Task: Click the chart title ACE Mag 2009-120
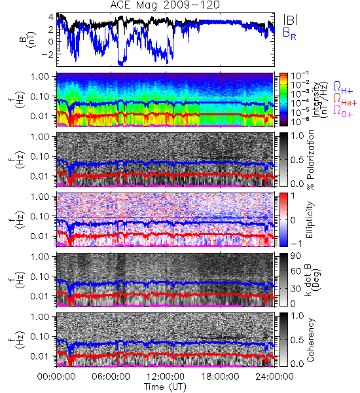pos(165,5)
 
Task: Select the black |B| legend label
pos(291,19)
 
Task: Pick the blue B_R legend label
pos(289,33)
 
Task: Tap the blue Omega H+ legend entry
pos(343,88)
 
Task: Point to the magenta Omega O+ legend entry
pos(343,111)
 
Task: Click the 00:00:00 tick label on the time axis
pos(56,377)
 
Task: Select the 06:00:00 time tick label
pos(111,377)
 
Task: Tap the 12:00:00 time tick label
pos(166,377)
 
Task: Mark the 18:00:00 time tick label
pos(220,377)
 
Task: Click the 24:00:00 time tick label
pos(274,377)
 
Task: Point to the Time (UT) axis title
pos(165,386)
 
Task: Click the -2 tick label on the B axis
pos(47,54)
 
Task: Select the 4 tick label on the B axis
pos(51,17)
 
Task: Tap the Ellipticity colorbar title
pos(310,219)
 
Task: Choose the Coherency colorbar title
pos(310,340)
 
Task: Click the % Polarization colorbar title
pos(310,160)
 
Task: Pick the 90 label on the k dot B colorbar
pos(295,256)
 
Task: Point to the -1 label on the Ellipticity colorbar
pos(296,244)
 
